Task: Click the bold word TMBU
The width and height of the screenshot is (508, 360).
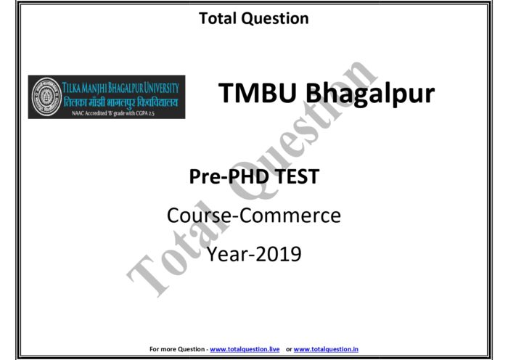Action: [257, 94]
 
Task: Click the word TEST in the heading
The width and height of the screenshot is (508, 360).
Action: [293, 176]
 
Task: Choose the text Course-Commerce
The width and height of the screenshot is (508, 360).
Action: [253, 216]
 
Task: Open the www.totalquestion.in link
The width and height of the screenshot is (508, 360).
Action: [326, 349]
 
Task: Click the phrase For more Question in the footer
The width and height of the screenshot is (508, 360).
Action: [177, 349]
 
